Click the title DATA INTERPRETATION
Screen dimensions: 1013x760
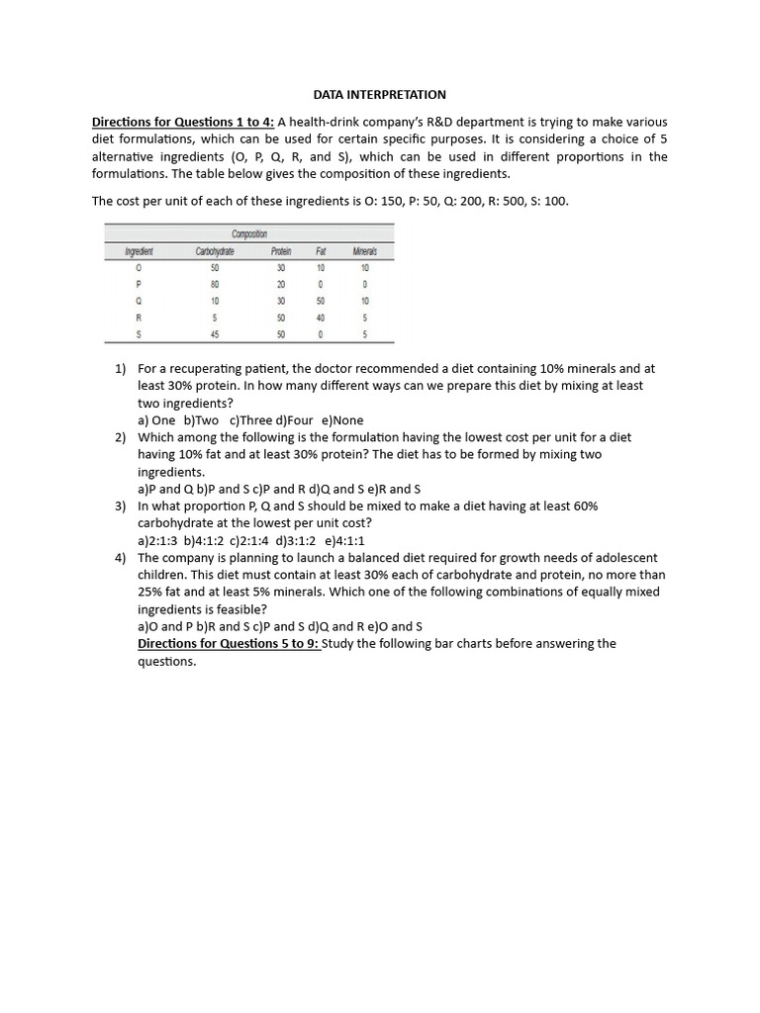point(380,95)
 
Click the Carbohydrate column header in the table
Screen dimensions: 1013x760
point(215,251)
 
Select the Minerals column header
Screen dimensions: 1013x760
point(365,251)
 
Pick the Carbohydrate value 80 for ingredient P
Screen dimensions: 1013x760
point(215,284)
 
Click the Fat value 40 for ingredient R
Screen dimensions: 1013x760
point(320,318)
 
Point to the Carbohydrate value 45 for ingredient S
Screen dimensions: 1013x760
point(215,334)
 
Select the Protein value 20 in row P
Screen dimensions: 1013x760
point(280,284)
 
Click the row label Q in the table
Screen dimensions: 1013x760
point(139,301)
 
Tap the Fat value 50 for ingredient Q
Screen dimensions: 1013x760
point(320,301)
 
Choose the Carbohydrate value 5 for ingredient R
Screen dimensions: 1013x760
point(215,318)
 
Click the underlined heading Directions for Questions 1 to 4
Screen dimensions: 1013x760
point(181,122)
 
